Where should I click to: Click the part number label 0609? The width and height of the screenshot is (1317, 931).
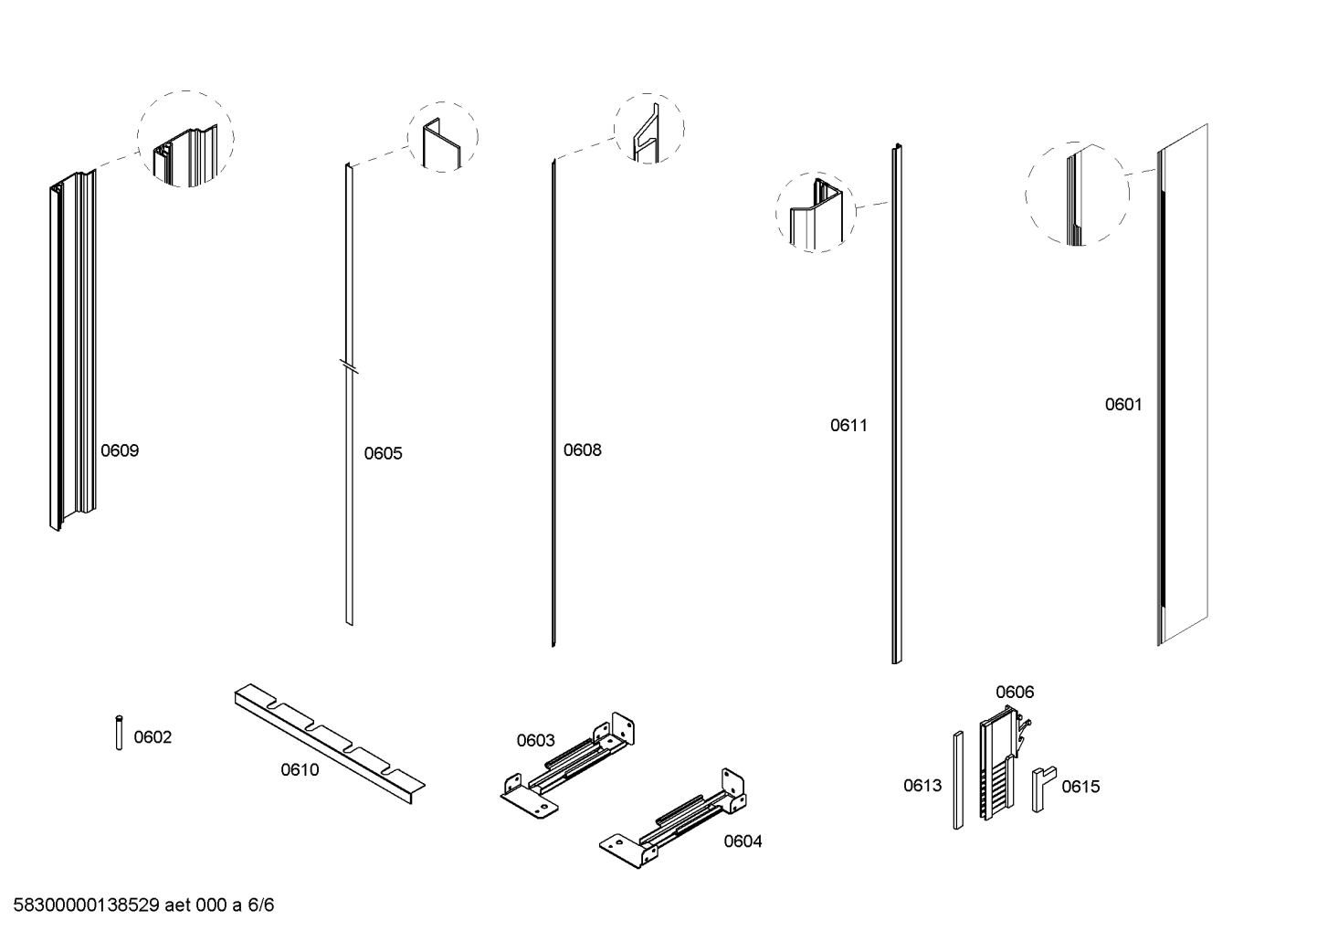coord(120,450)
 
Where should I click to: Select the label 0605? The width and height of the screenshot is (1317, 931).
coord(383,453)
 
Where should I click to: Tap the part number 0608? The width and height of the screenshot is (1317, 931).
coord(582,450)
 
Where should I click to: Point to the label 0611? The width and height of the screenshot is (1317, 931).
coord(848,425)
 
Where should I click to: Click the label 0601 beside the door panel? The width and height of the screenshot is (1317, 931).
coord(1123,404)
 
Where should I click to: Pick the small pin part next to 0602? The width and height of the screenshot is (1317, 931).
coord(119,733)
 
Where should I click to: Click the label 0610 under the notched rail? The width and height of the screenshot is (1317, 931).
coord(300,770)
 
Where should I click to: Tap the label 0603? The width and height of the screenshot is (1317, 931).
coord(535,740)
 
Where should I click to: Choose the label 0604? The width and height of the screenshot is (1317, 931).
coord(743,841)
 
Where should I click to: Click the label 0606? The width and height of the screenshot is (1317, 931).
coord(1015,692)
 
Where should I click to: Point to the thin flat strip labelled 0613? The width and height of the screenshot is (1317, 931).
coord(958,780)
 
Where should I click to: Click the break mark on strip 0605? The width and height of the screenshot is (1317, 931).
coord(348,368)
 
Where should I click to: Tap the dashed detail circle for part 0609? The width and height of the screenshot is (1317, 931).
coord(186,139)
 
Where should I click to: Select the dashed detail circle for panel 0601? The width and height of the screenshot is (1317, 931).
coord(1077,194)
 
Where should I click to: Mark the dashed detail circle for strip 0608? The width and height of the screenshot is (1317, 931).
coord(649,129)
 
